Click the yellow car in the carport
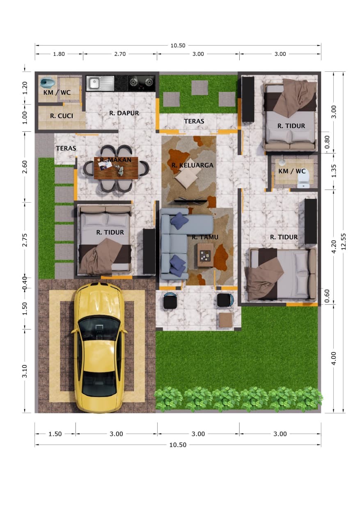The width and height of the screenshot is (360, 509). point(99,347)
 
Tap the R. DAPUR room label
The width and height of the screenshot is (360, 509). point(124,113)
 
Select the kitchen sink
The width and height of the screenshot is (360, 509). point(100,83)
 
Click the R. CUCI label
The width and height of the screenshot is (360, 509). point(62,116)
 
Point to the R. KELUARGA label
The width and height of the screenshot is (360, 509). point(193,165)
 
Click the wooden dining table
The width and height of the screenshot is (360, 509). point(116,168)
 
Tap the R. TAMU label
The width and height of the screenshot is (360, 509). point(205,237)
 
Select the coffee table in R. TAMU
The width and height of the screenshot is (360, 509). point(205,255)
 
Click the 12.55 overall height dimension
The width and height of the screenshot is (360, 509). point(344,242)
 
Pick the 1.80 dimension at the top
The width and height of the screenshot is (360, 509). point(59,54)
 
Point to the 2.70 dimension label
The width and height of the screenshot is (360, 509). point(120,54)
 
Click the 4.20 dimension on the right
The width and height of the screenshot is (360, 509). point(334,247)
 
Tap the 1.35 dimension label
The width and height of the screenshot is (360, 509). point(334,171)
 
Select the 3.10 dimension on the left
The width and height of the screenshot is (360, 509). point(25,371)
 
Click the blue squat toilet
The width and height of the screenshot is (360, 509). point(48,83)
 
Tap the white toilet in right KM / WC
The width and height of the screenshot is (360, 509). point(304,178)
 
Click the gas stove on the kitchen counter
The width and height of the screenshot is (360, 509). point(141,82)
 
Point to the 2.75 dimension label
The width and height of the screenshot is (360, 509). point(25,240)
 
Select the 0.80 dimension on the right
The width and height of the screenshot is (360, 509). point(327,142)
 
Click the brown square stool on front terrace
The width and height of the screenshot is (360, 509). point(226,320)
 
